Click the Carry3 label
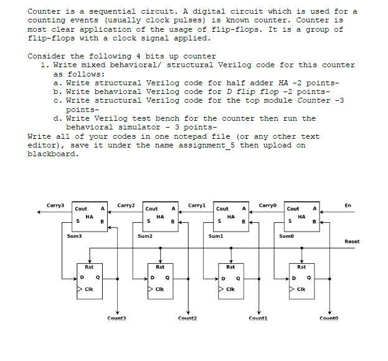tap(55, 205)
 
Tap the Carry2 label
tap(126, 205)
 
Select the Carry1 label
tap(196, 205)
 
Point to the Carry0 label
tap(267, 205)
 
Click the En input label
tap(348, 205)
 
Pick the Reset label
tap(352, 241)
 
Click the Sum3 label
tap(74, 237)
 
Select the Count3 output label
tap(116, 319)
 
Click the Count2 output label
tap(187, 319)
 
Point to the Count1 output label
tap(258, 319)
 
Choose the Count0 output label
tap(329, 319)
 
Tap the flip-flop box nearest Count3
tap(89, 280)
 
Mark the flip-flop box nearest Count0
tap(301, 280)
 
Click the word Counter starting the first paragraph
tap(44, 11)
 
